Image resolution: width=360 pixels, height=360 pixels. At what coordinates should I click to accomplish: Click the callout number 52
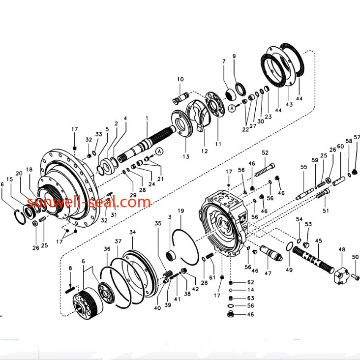click(x=265, y=152)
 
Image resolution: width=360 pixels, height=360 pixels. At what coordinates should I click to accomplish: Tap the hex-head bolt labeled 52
click(x=265, y=170)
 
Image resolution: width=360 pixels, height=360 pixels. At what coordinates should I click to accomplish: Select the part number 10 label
click(x=180, y=79)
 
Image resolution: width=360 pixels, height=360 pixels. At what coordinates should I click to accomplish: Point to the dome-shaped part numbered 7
click(x=230, y=95)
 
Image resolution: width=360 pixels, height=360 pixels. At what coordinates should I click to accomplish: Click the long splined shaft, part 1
click(x=147, y=144)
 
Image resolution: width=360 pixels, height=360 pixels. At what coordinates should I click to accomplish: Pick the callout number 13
click(x=186, y=156)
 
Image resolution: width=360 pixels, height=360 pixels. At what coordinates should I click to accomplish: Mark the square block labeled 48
click(x=341, y=275)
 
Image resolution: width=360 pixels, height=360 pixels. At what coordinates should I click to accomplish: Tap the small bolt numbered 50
click(x=355, y=277)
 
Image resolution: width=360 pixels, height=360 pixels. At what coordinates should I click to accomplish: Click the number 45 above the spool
click(x=319, y=241)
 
